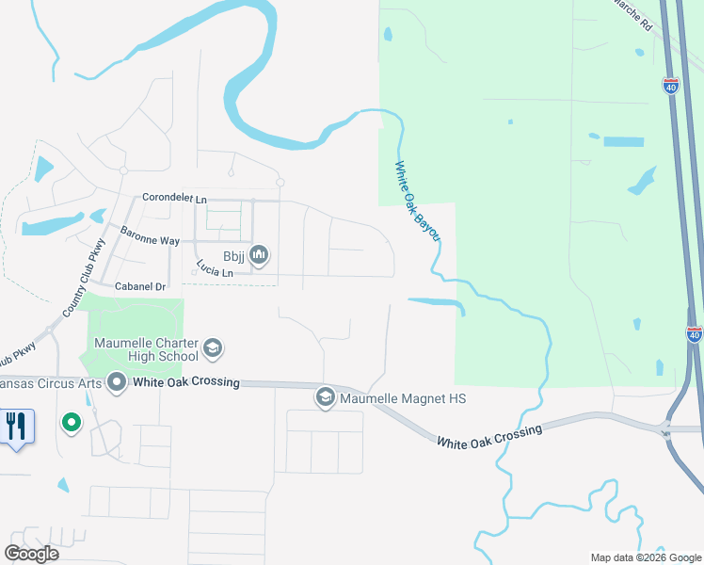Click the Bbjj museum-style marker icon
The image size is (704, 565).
(260, 254)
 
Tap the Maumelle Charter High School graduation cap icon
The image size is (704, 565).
(213, 348)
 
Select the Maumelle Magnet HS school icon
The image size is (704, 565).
(326, 398)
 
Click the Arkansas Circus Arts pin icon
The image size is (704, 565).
(117, 382)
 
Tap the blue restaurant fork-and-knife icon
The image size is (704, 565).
(17, 427)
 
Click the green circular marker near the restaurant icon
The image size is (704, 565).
(71, 423)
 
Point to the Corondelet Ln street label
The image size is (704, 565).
(174, 200)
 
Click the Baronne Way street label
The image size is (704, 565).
(150, 241)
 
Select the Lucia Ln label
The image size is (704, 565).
(216, 271)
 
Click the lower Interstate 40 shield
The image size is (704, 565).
(695, 334)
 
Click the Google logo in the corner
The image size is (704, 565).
(31, 553)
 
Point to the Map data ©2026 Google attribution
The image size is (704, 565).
(645, 557)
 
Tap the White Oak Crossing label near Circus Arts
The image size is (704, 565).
(186, 383)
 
